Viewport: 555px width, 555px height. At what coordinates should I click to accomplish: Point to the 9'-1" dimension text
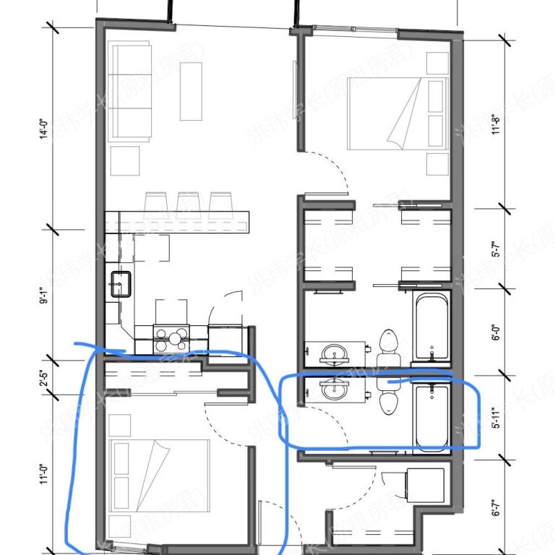(43, 293)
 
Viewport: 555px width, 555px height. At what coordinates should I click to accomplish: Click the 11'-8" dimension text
(496, 126)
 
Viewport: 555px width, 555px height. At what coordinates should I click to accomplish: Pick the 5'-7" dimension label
(496, 249)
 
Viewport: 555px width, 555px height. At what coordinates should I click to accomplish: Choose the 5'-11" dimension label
(496, 417)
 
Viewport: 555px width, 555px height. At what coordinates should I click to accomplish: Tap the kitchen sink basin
(120, 284)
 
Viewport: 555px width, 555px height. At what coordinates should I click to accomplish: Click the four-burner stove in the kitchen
(172, 336)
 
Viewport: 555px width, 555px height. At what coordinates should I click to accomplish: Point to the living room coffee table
(191, 91)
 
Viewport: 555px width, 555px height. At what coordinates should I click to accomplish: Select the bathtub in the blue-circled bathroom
(431, 418)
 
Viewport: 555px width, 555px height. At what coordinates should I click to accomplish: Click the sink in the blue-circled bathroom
(333, 390)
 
